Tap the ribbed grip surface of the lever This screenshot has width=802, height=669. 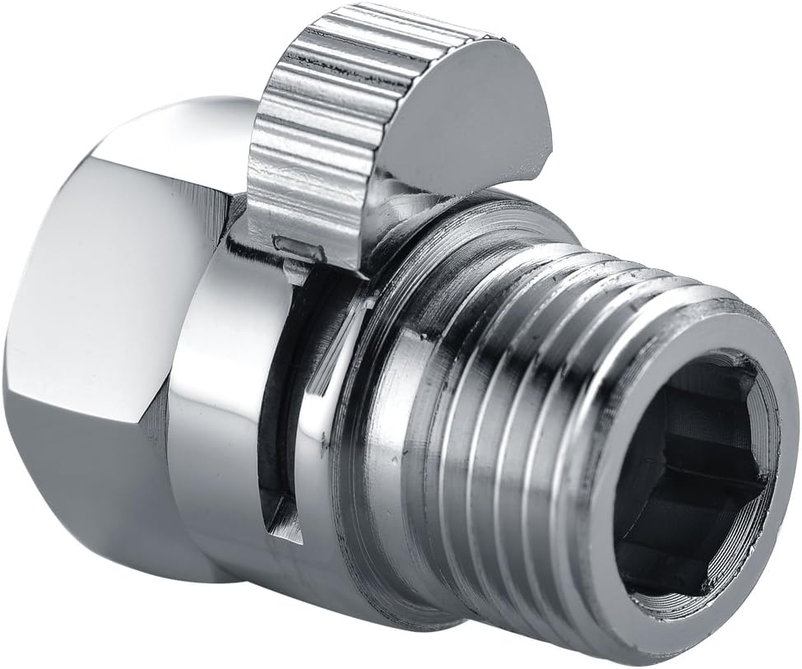click(x=329, y=123)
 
